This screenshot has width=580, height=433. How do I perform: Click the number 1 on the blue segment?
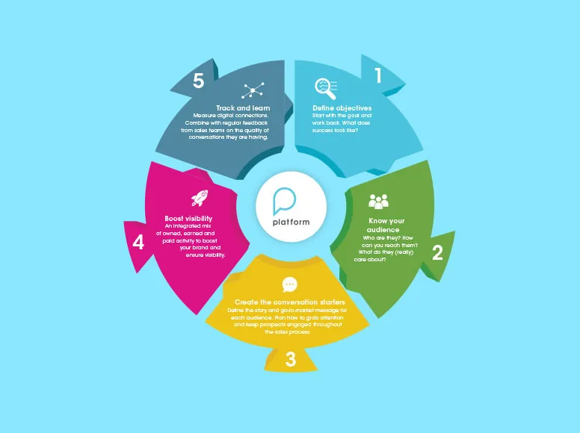click(378, 75)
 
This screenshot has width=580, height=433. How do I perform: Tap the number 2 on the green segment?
click(437, 252)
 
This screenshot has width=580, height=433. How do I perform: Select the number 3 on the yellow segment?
click(290, 360)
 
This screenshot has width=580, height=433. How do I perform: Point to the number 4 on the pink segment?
click(138, 243)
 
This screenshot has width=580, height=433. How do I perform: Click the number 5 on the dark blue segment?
click(198, 81)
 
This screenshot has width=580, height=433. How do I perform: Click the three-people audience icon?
click(379, 202)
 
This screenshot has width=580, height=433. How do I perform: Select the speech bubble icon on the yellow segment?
click(290, 284)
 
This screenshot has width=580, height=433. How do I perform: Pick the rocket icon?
click(200, 198)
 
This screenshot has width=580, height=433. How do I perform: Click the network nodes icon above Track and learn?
click(253, 91)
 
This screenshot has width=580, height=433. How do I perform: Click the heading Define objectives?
click(342, 108)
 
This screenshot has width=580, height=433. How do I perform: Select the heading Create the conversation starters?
click(290, 302)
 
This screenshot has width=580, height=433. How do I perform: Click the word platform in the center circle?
click(291, 222)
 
